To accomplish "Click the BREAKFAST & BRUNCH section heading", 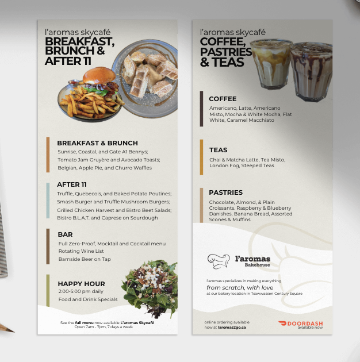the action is click(97, 143).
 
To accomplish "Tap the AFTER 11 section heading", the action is click(72, 184).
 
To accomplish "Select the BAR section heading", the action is click(65, 234).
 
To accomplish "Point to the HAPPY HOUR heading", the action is click(81, 284).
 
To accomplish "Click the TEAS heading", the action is click(219, 150).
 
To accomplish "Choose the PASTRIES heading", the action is click(226, 192).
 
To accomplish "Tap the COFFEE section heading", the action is click(223, 99).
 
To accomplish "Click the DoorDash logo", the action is click(300, 324).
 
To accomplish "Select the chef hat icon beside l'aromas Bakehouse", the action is click(219, 261).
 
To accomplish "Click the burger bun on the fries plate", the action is click(99, 75).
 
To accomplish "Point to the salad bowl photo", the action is click(150, 287).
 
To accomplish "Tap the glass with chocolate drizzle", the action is click(311, 72).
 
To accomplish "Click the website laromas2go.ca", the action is click(232, 328).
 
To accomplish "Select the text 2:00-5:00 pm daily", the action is click(81, 291).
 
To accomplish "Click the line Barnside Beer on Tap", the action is click(85, 259).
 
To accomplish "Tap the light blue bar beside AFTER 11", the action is click(48, 201).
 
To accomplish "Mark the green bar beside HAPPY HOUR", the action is click(48, 290).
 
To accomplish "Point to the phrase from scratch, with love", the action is click(240, 288).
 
